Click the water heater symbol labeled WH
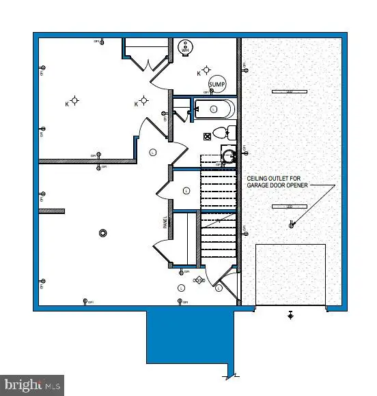(x=185, y=48)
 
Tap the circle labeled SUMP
(x=217, y=84)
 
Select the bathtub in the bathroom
(x=214, y=108)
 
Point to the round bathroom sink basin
(x=229, y=156)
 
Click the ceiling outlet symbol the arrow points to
(x=292, y=224)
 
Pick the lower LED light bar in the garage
(x=281, y=206)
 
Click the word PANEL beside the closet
(x=165, y=222)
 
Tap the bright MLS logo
(x=32, y=385)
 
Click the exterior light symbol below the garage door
(x=291, y=315)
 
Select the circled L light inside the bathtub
(x=213, y=108)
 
